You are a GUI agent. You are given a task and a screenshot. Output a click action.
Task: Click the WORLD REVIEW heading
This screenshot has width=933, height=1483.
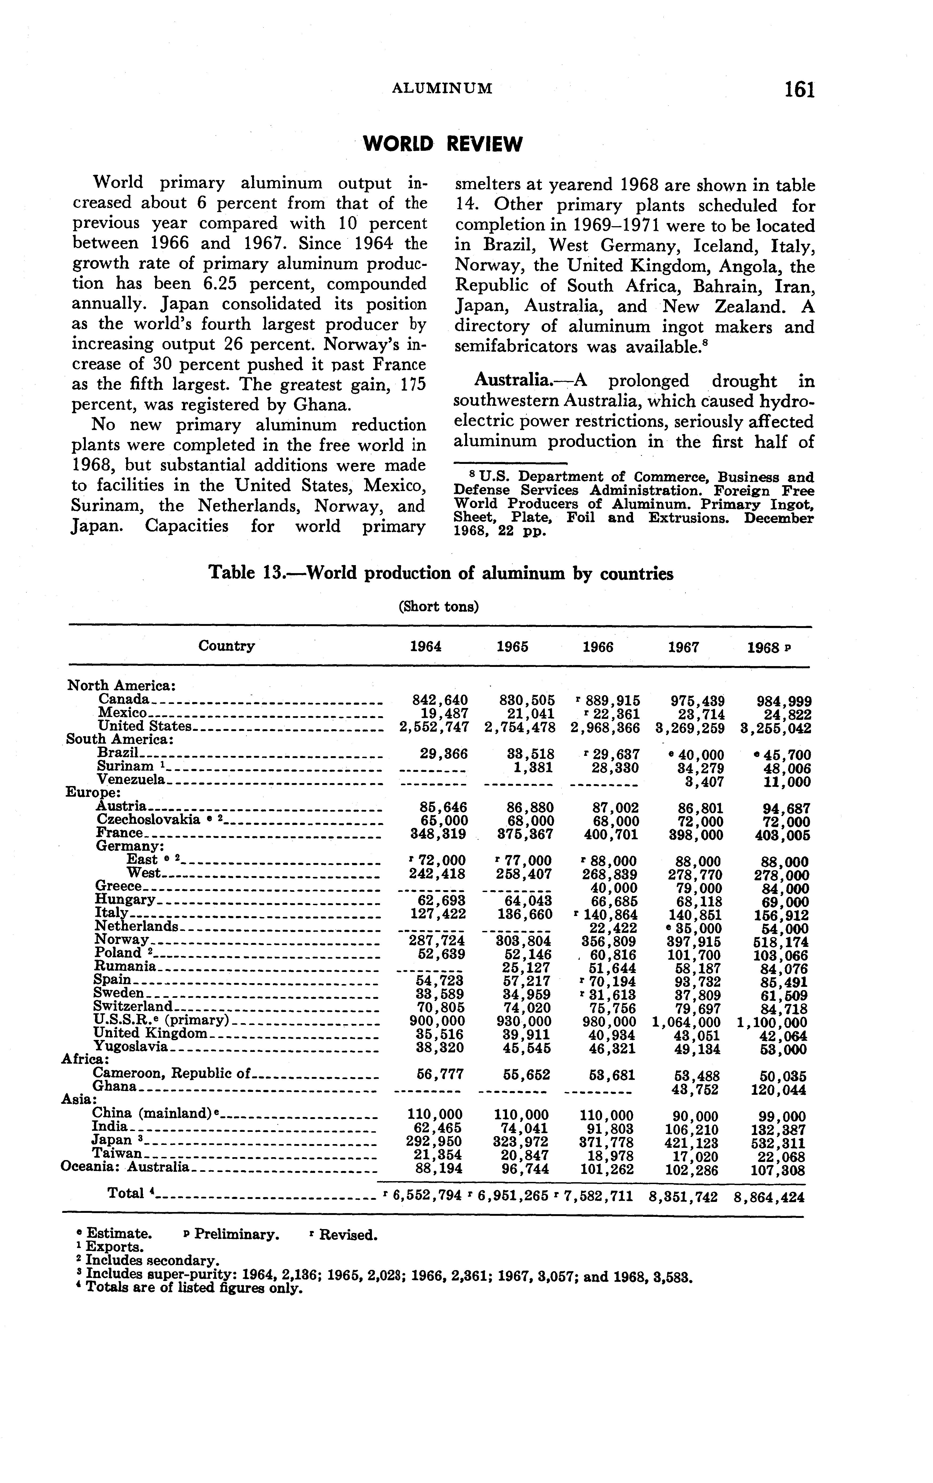coord(442,144)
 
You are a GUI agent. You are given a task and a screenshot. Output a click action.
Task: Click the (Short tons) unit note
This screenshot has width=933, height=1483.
coord(439,607)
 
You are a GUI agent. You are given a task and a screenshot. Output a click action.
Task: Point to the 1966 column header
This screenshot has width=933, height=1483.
coord(597,647)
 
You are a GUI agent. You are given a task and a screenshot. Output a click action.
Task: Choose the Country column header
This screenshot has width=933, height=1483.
coord(226,646)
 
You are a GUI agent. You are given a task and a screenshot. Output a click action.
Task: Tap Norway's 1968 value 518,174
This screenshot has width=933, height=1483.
coord(781,942)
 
